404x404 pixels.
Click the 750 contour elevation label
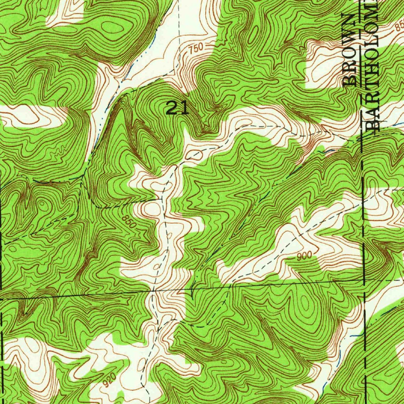point(195,48)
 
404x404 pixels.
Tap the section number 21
point(178,108)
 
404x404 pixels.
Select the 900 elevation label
point(305,256)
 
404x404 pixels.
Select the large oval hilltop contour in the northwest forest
point(112,28)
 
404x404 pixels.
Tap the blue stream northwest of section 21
point(136,63)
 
